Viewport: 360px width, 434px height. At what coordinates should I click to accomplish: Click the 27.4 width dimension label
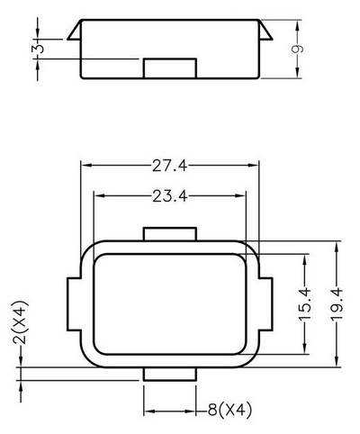(x=169, y=166)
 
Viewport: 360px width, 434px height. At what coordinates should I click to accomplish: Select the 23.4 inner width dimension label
(x=170, y=196)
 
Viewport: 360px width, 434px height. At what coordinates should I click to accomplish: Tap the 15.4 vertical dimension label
(x=305, y=304)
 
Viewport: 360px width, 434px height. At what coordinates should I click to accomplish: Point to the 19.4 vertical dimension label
(x=337, y=304)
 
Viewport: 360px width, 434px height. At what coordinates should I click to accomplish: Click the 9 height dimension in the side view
(x=297, y=49)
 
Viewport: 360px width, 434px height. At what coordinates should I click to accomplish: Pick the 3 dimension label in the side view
(x=38, y=49)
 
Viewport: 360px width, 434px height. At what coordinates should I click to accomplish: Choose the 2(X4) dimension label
(x=20, y=321)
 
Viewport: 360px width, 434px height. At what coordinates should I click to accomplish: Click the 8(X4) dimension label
(x=229, y=410)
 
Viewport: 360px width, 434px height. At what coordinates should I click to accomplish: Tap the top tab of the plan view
(x=170, y=234)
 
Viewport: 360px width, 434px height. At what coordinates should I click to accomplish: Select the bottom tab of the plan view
(x=170, y=374)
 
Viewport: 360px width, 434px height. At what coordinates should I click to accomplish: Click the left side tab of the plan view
(x=74, y=304)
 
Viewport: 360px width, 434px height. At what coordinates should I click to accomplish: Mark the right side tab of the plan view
(x=265, y=304)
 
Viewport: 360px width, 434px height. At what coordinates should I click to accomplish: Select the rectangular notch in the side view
(x=170, y=68)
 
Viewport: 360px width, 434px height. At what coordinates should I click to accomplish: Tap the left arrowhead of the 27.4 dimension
(x=87, y=166)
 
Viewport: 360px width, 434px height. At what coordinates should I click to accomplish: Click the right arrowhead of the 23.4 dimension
(x=240, y=196)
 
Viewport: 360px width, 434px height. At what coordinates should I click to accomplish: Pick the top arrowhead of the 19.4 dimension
(x=337, y=248)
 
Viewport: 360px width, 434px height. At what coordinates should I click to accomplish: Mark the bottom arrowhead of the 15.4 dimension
(x=305, y=348)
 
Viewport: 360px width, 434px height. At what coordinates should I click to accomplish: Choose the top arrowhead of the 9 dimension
(x=297, y=26)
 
